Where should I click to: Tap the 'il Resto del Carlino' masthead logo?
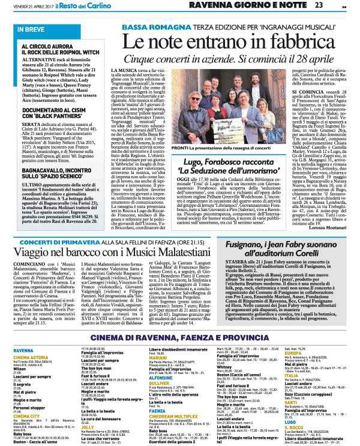click(x=101, y=6)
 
